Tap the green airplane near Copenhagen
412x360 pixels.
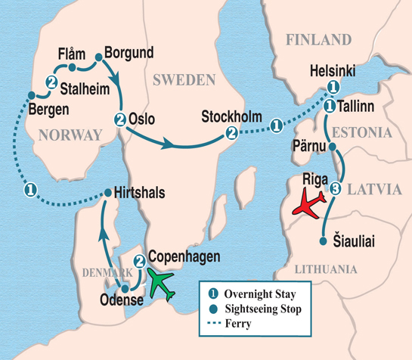coord(166,283)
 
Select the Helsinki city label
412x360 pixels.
coord(333,71)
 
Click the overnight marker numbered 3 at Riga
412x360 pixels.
coord(336,188)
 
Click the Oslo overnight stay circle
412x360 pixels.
coord(120,118)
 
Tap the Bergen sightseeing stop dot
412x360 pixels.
coord(31,95)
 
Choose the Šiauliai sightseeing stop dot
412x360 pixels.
coord(324,242)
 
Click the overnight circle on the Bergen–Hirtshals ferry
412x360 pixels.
coord(29,188)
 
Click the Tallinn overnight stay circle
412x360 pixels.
coord(330,108)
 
